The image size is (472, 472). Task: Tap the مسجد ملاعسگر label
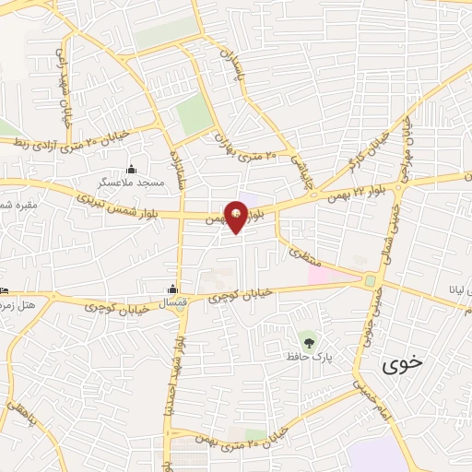pos(132,183)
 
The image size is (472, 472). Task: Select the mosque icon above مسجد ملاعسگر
pos(132,169)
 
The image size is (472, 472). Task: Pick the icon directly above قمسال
pos(172,287)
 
